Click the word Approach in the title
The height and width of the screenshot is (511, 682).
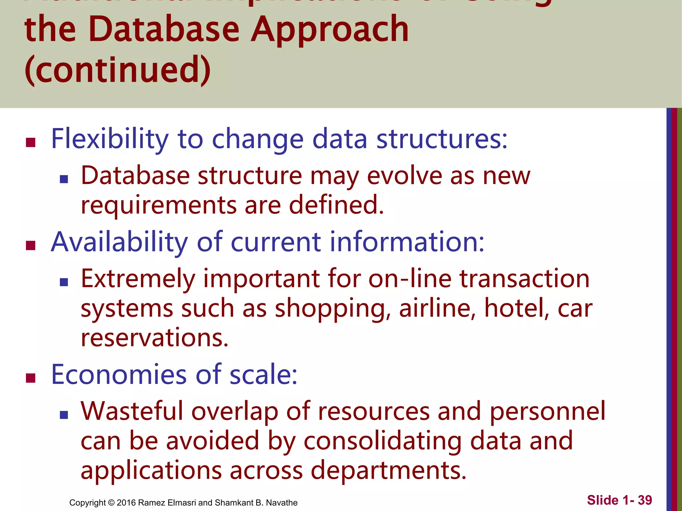tap(330, 31)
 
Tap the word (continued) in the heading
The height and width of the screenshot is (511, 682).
tap(118, 70)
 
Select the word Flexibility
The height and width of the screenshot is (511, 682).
tap(110, 139)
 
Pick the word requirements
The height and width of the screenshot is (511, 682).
tap(159, 205)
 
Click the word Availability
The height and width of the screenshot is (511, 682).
tap(119, 242)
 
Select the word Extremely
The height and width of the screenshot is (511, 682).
tap(138, 279)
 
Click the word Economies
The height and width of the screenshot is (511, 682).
tap(119, 375)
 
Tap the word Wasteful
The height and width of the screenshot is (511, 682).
tap(132, 412)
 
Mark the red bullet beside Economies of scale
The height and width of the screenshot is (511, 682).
tap(31, 378)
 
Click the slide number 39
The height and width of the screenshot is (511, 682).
tap(645, 500)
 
